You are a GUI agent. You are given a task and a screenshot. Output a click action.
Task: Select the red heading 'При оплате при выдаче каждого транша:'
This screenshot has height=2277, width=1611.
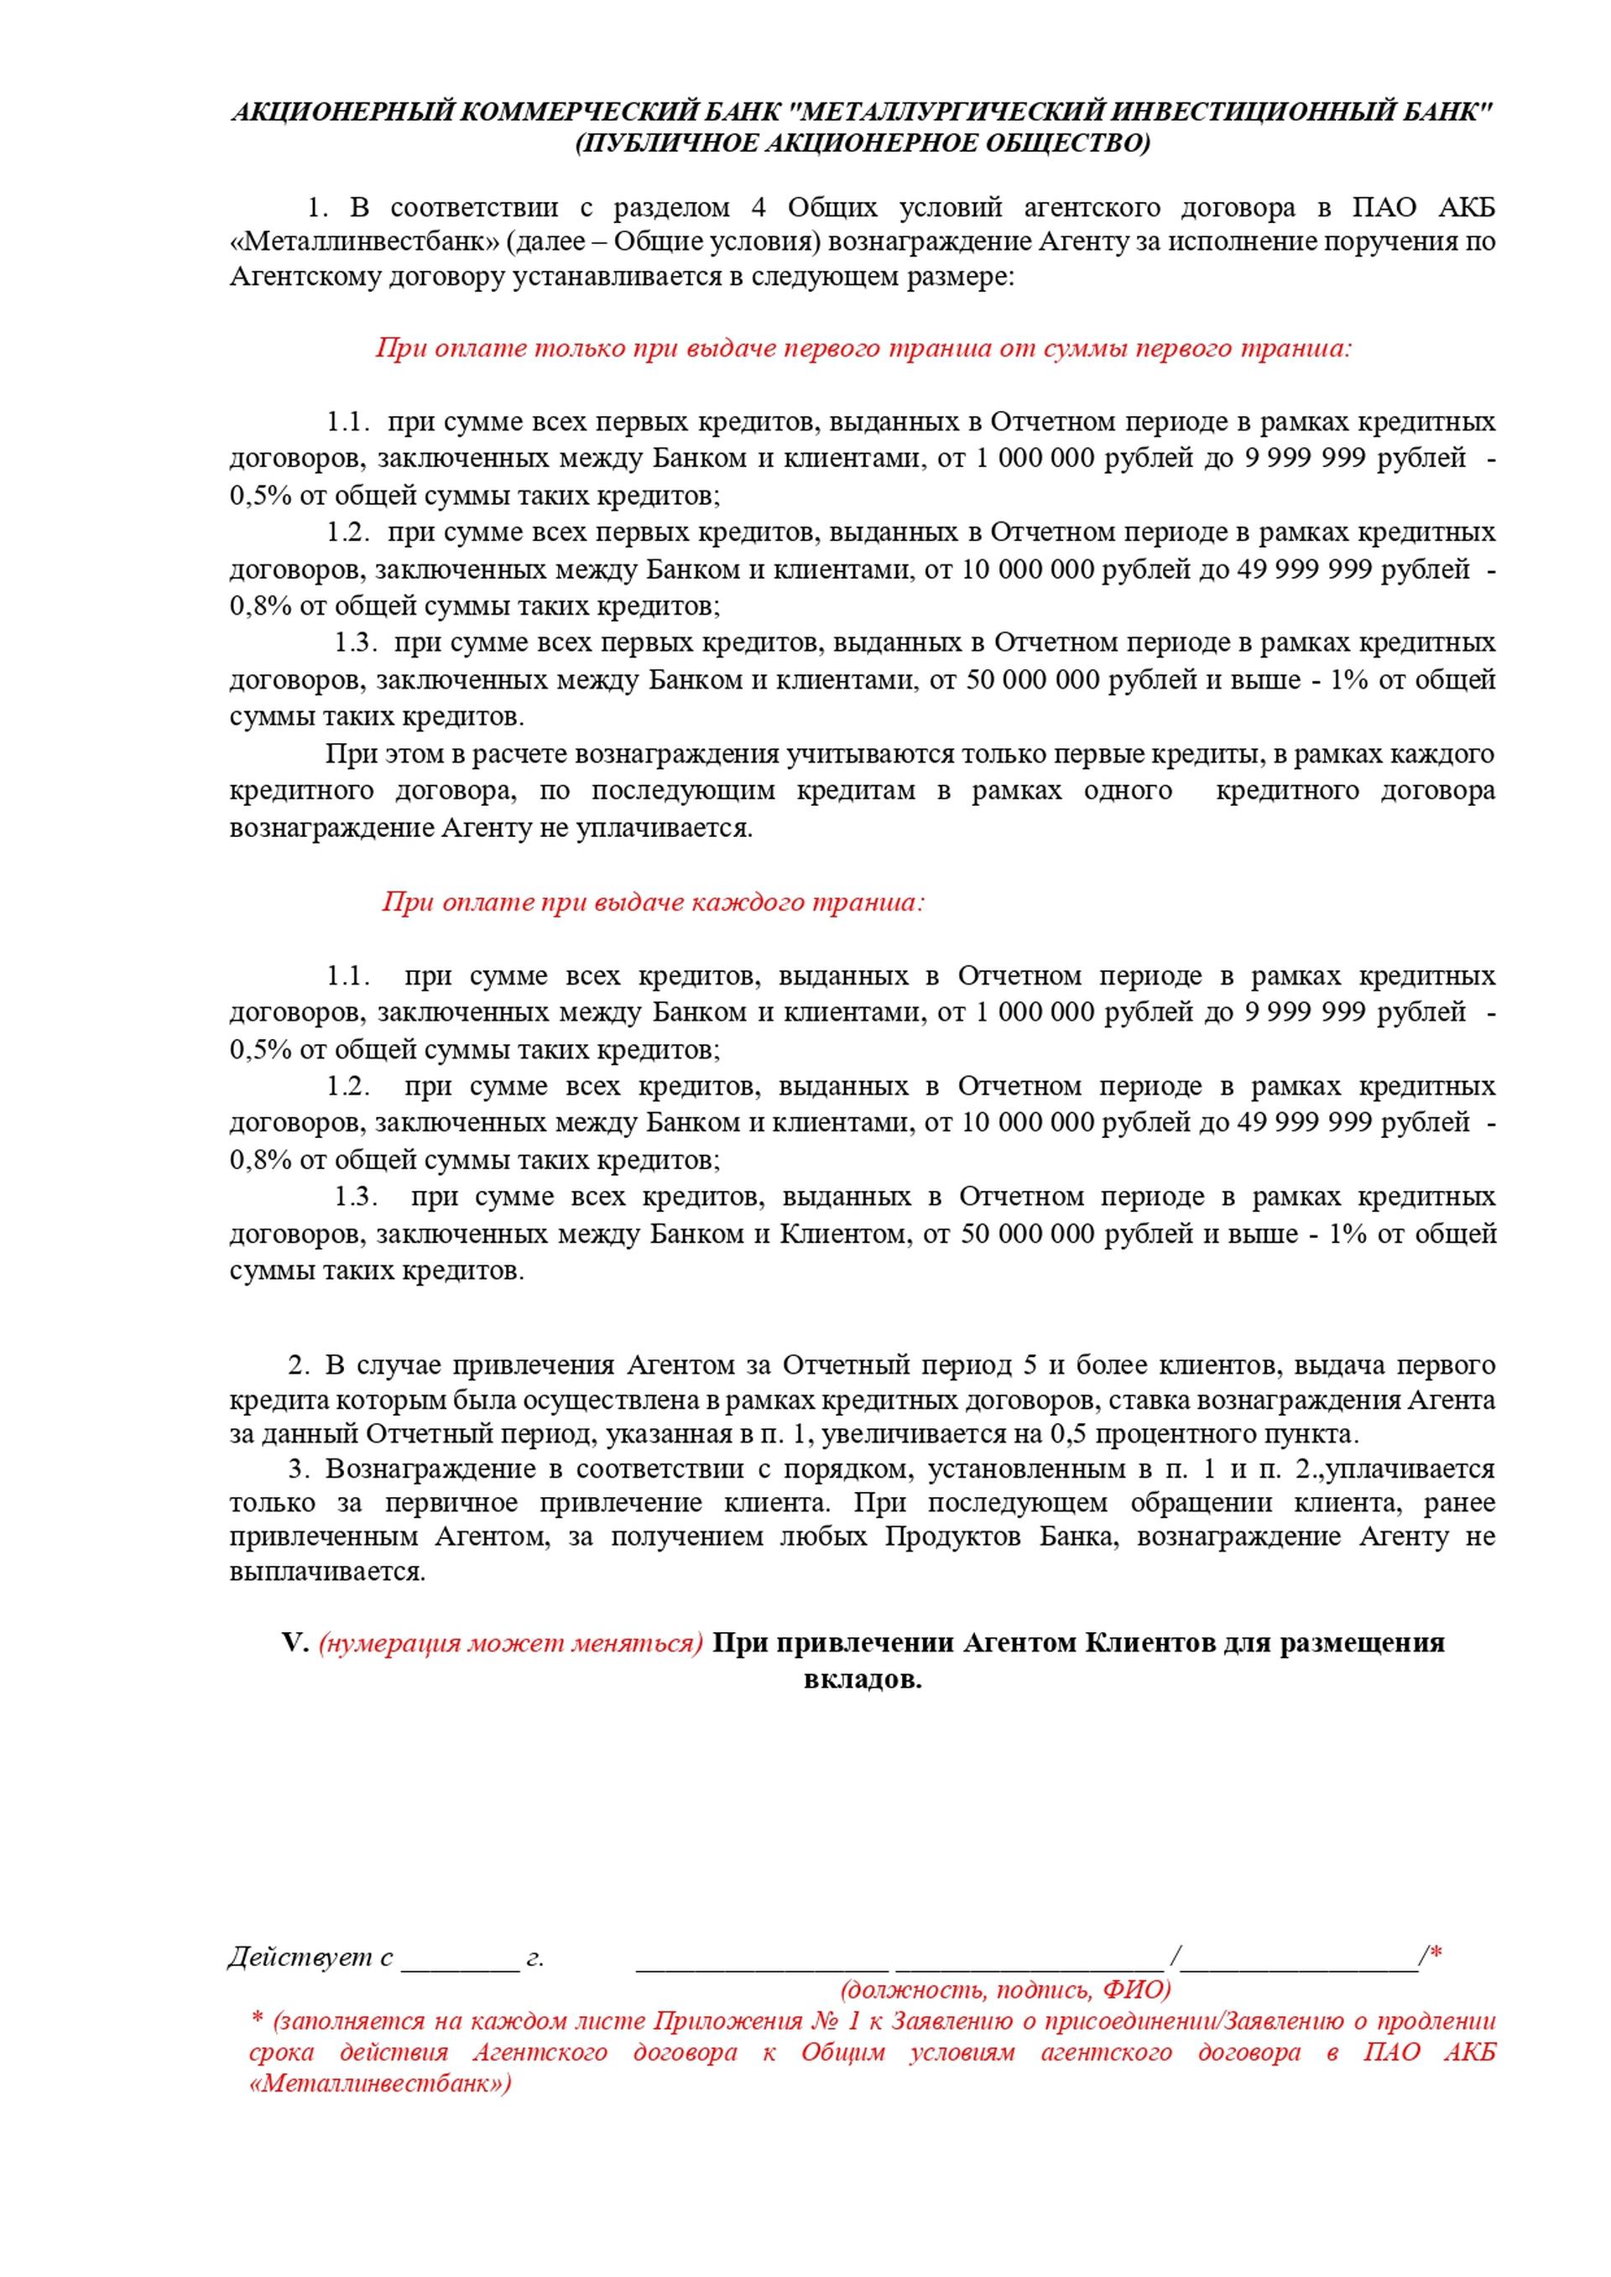point(653,902)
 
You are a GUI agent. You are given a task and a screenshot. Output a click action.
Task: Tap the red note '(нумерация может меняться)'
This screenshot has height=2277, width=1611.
point(510,1645)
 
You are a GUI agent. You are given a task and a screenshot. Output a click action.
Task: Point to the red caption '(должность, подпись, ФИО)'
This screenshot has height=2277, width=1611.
point(1006,1988)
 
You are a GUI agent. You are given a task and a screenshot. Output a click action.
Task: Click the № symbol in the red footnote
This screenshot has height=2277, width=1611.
point(811,2021)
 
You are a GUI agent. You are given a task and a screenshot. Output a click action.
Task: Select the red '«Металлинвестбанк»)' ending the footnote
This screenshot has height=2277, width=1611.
point(380,2082)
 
